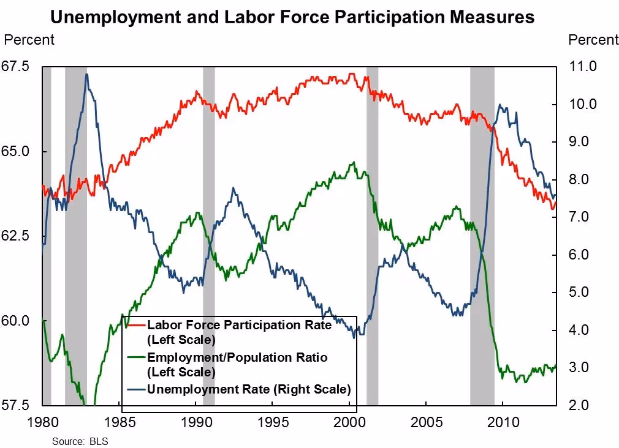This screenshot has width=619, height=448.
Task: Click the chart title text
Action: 292,17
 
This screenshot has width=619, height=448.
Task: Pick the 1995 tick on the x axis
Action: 273,422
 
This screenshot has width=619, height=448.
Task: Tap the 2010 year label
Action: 503,422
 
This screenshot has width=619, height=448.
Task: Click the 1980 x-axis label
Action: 42,422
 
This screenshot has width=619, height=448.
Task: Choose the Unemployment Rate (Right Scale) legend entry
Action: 248,389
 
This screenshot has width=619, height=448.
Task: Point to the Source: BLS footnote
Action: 75,441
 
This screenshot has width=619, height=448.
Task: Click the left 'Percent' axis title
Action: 29,40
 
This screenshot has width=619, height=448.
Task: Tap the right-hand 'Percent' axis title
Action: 593,40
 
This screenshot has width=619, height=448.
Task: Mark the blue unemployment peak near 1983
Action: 86,75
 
